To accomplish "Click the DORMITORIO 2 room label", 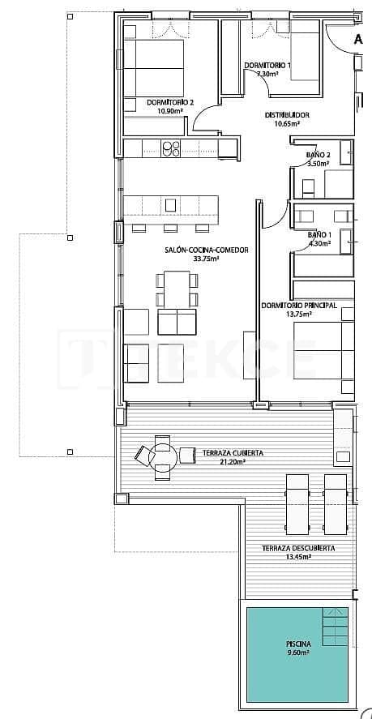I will (x=169, y=102).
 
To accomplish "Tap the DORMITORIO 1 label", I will (x=267, y=65).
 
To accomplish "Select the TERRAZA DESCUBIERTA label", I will (x=298, y=549).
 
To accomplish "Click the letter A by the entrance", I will (x=357, y=39).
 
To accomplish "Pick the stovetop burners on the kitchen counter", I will (x=171, y=148).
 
